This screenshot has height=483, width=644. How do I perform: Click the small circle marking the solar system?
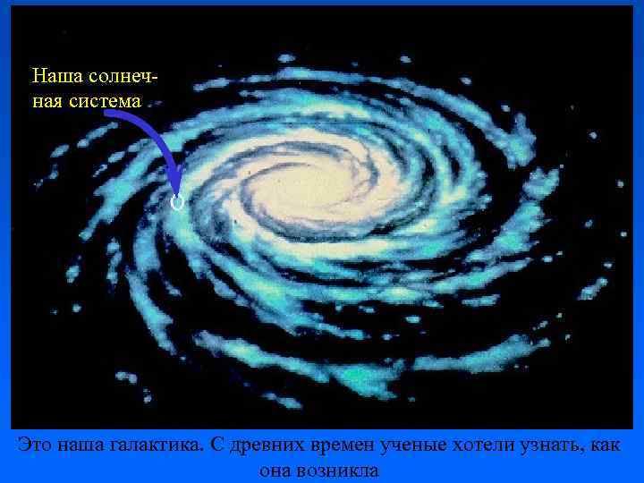(177, 203)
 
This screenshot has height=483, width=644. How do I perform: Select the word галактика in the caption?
(164, 444)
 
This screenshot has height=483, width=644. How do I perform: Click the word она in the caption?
(278, 470)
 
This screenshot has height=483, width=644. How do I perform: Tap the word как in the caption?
(605, 444)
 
